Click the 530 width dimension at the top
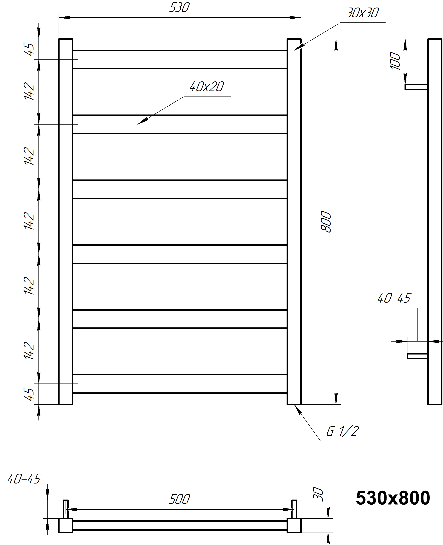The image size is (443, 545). pyautogui.click(x=179, y=8)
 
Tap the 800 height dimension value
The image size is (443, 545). pyautogui.click(x=326, y=222)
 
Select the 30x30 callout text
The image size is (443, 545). pyautogui.click(x=362, y=13)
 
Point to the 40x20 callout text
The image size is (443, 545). pyautogui.click(x=207, y=87)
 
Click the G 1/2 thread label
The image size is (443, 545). pyautogui.click(x=343, y=431)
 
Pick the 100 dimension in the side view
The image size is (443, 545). pyautogui.click(x=395, y=61)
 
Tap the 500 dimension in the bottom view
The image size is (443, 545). pyautogui.click(x=179, y=499)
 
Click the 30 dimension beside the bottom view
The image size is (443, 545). pyautogui.click(x=318, y=495)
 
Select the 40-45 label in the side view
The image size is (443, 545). pyautogui.click(x=394, y=298)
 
